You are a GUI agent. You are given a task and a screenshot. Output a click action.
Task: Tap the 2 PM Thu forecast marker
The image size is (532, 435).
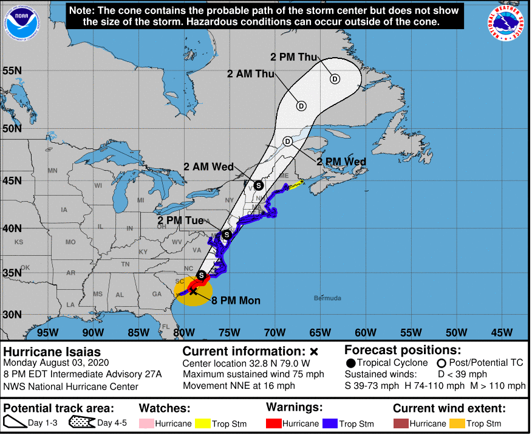(335, 78)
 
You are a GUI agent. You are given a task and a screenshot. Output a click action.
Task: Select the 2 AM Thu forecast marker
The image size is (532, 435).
(301, 105)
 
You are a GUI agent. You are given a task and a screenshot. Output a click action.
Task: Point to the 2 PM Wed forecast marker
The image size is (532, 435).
(288, 142)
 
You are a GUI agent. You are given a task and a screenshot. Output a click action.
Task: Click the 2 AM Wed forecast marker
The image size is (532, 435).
(257, 185)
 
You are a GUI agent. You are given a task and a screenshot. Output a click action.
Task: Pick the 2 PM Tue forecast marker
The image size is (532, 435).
(227, 235)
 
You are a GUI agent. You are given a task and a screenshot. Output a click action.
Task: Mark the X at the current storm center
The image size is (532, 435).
(193, 291)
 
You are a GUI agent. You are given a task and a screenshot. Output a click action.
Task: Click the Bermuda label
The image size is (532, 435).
(327, 298)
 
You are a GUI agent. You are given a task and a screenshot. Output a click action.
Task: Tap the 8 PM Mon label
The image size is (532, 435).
(236, 301)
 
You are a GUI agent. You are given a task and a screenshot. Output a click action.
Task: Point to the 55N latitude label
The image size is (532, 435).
(12, 70)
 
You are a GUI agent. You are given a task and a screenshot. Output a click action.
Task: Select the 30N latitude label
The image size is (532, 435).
(12, 315)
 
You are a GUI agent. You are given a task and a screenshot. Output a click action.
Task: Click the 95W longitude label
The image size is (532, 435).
(47, 332)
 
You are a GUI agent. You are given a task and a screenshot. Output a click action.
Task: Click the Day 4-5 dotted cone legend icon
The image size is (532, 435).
(82, 423)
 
